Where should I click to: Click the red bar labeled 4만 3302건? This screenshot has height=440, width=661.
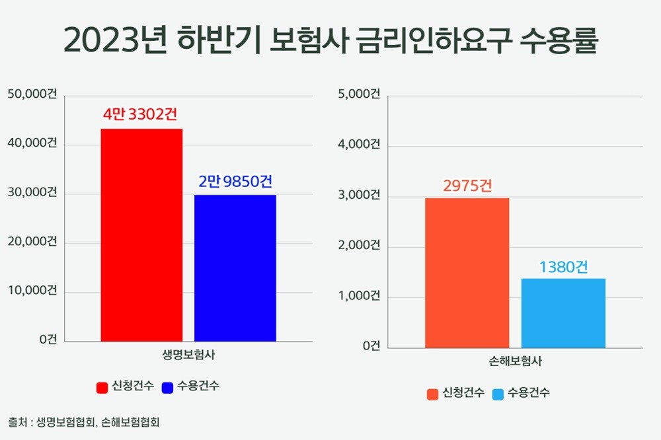pyautogui.click(x=141, y=235)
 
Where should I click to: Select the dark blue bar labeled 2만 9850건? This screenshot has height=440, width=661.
pyautogui.click(x=235, y=268)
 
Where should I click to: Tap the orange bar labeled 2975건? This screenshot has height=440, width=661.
pyautogui.click(x=467, y=272)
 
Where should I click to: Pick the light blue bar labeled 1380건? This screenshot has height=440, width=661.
pyautogui.click(x=563, y=312)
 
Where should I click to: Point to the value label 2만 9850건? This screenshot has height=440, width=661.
pyautogui.click(x=235, y=181)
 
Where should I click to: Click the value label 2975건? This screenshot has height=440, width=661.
pyautogui.click(x=467, y=185)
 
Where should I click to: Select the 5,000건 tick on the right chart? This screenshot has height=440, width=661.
pyautogui.click(x=358, y=94)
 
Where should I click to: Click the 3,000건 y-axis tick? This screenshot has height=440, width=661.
pyautogui.click(x=358, y=196)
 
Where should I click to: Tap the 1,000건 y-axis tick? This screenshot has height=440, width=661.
pyautogui.click(x=358, y=296)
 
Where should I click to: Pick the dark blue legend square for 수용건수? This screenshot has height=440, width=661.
pyautogui.click(x=167, y=386)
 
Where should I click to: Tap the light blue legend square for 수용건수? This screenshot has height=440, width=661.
pyautogui.click(x=498, y=394)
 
